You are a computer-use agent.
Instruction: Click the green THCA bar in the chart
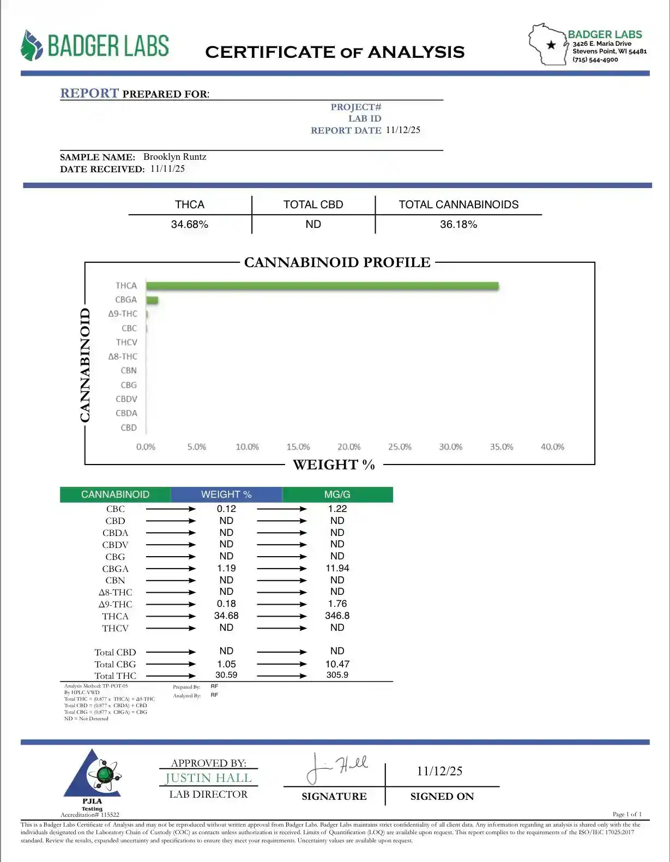pos(322,286)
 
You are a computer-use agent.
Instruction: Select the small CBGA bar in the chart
pos(152,300)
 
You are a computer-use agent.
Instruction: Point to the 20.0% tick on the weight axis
pos(349,447)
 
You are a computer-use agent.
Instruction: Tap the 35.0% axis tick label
pos(502,447)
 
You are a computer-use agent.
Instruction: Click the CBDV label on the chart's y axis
pos(126,399)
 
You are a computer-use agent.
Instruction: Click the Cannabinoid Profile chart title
pos(337,263)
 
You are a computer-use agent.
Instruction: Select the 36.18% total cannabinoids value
pos(458,225)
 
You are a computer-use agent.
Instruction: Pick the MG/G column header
pos(337,495)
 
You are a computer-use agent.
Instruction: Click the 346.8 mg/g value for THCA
pos(337,616)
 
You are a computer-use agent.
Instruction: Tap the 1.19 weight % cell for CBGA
pos(226,568)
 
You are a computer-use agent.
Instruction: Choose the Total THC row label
pos(115,676)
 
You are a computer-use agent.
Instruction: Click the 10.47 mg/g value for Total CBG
pos(337,664)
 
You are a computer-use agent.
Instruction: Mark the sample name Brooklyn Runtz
pos(174,157)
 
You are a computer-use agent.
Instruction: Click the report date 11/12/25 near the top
pos(403,130)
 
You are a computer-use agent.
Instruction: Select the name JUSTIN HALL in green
pos(208,778)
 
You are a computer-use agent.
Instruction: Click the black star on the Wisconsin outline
pos(551,45)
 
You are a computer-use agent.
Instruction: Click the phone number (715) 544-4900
pos(595,60)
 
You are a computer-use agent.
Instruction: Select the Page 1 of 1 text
pos(627,814)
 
